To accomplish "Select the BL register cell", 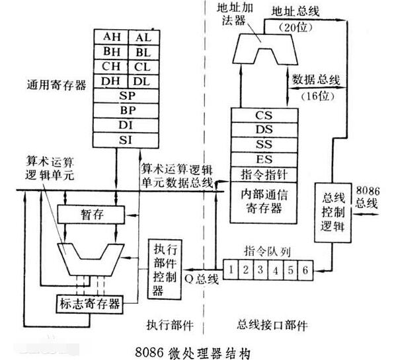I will [141, 52].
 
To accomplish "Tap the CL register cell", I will [141, 67].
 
